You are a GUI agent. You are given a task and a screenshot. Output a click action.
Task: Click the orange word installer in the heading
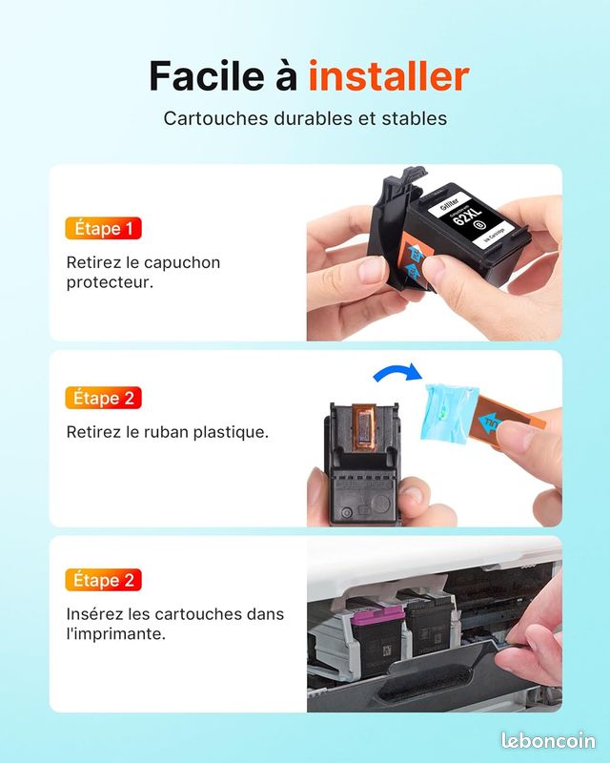click(x=388, y=75)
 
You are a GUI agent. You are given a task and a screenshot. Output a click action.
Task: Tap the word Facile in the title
click(x=205, y=75)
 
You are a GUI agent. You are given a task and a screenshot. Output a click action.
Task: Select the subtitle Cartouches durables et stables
click(x=305, y=119)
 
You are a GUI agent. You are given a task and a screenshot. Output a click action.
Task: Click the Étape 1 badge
click(x=102, y=229)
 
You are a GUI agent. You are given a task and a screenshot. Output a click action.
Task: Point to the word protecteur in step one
click(x=110, y=283)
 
